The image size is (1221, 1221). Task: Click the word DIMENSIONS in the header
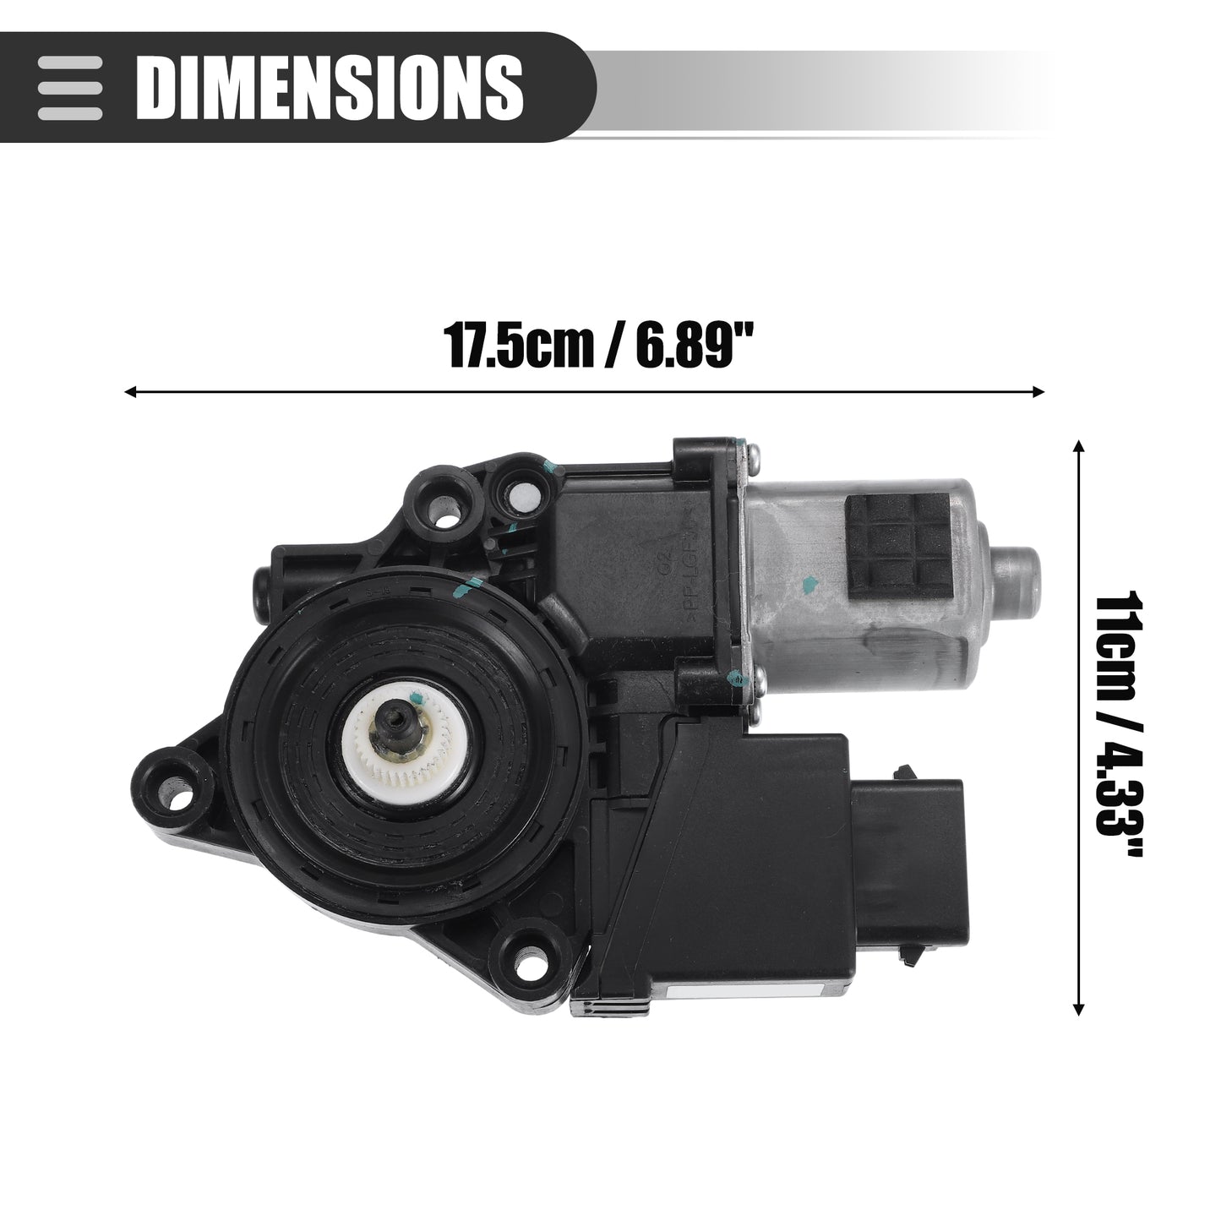pos(330,87)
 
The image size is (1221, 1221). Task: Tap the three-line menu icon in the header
pos(69,88)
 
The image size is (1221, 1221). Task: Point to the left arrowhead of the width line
pos(130,392)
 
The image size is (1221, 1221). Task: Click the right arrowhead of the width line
pos(1038,392)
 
